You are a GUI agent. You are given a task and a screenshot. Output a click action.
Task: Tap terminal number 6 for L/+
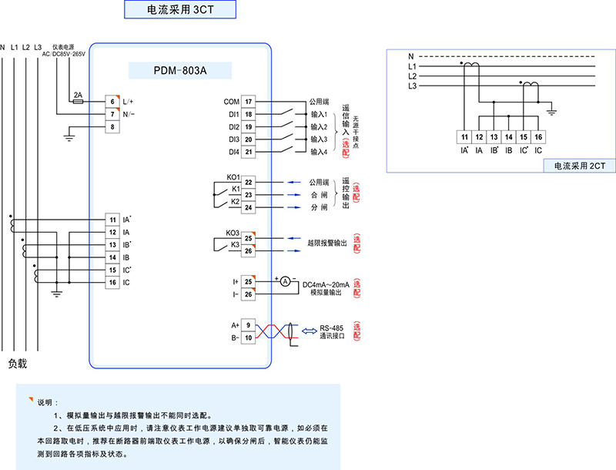click(x=112, y=101)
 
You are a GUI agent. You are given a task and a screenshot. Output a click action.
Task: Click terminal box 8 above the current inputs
click(x=112, y=126)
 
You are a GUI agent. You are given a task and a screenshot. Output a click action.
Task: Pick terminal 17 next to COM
click(x=249, y=101)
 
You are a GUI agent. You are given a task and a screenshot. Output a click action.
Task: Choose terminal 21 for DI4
click(x=249, y=152)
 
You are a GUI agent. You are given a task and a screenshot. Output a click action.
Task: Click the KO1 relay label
click(x=233, y=178)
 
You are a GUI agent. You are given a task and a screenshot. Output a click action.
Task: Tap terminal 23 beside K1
click(x=249, y=195)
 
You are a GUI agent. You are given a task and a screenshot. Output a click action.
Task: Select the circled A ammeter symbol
click(x=284, y=282)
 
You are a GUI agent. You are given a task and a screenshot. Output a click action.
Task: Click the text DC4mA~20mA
click(x=326, y=284)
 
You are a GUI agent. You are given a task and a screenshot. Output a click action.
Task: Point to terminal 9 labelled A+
click(x=249, y=325)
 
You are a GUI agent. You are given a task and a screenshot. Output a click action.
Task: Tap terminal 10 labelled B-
click(x=249, y=337)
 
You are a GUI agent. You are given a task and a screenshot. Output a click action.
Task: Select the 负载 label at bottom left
click(x=18, y=363)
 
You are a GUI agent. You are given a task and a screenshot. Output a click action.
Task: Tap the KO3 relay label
click(x=233, y=233)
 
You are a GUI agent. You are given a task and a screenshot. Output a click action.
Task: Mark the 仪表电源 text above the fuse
click(x=63, y=47)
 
